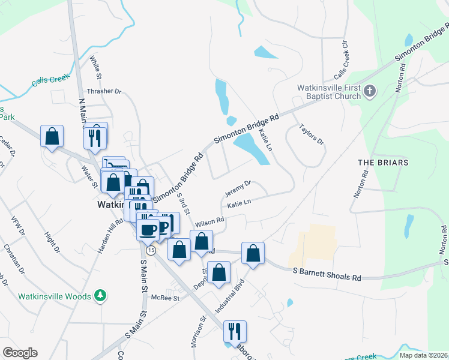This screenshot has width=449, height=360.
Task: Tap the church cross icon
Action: (x=370, y=92)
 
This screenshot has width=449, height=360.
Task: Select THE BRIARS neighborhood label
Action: (x=383, y=163)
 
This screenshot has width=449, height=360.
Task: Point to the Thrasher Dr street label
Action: (x=104, y=92)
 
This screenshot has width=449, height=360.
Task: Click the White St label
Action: (x=95, y=68)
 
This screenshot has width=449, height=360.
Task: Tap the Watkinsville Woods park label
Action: (x=54, y=296)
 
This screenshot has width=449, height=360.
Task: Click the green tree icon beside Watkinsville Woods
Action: (x=101, y=296)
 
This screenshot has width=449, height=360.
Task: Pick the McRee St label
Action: (x=166, y=298)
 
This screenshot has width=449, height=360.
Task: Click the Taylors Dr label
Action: (x=311, y=135)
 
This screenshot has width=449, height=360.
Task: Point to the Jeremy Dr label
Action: (x=237, y=189)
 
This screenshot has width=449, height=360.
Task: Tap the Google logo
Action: (x=20, y=353)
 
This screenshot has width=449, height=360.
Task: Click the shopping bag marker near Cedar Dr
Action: (x=52, y=137)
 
